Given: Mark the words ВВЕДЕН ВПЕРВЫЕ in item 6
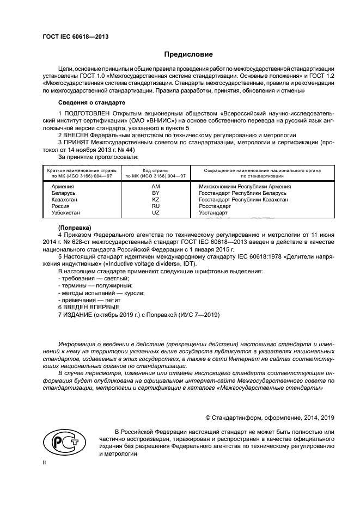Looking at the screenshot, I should [91, 307].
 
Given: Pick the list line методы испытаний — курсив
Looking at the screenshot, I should [101, 293].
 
